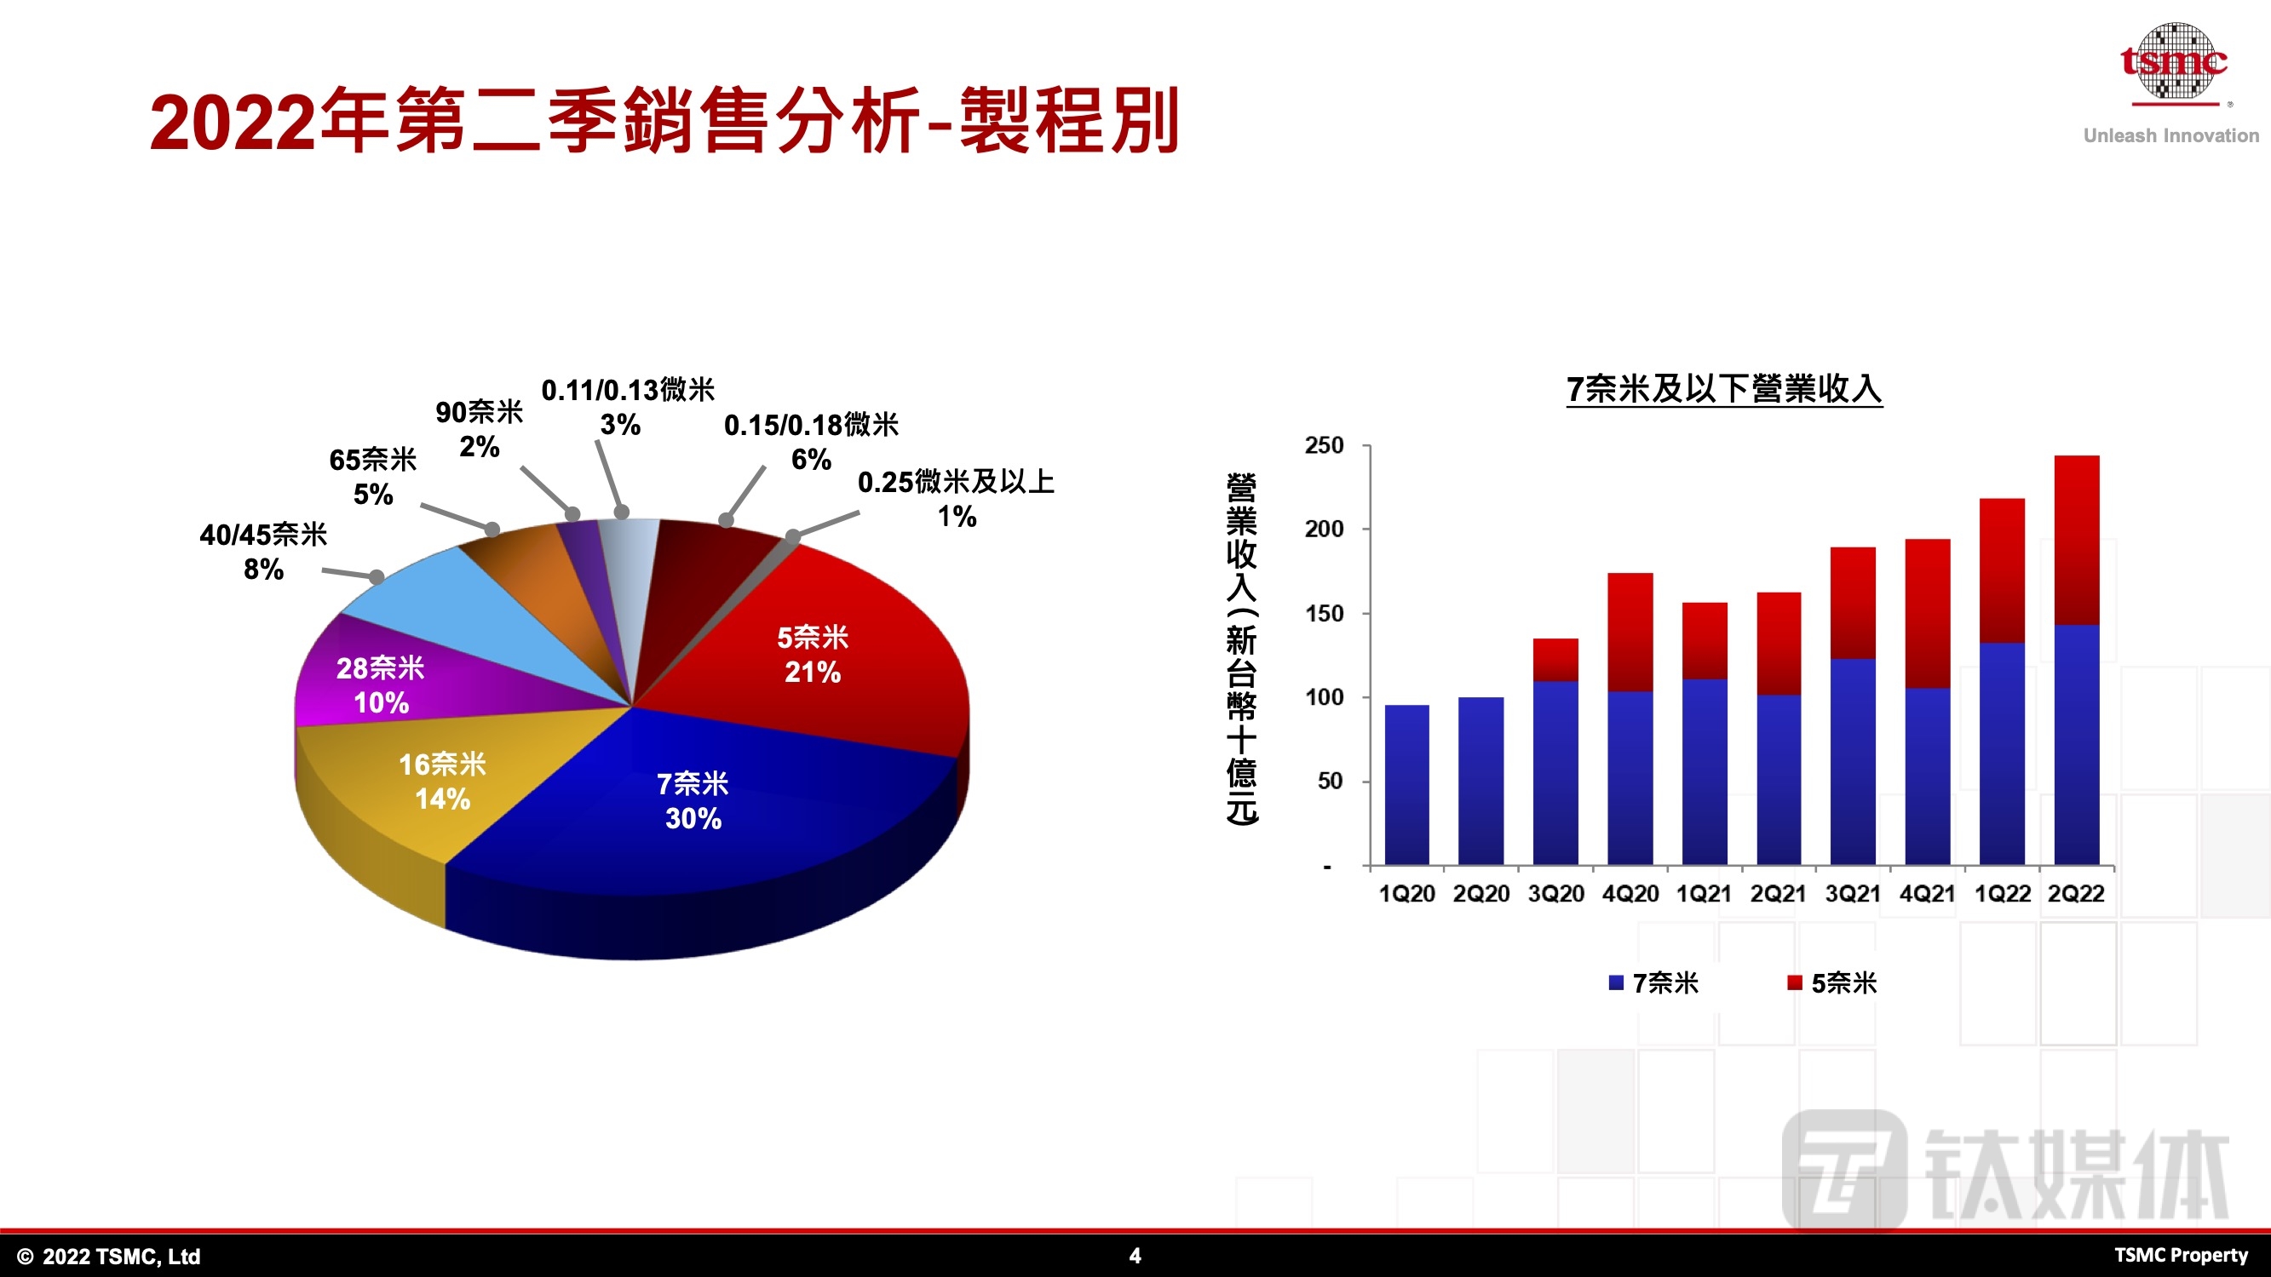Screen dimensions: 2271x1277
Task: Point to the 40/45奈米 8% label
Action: click(263, 552)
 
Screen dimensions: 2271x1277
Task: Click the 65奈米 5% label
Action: click(373, 477)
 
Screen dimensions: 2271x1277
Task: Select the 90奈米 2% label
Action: click(480, 429)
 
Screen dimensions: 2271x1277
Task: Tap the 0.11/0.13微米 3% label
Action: click(628, 407)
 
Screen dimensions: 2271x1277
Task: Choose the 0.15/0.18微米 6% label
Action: click(811, 442)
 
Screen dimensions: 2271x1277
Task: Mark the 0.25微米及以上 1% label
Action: click(957, 499)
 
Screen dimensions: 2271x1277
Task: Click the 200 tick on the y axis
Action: click(1324, 529)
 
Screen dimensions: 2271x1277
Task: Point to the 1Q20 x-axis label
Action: click(1407, 894)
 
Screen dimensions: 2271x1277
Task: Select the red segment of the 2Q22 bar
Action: click(2076, 541)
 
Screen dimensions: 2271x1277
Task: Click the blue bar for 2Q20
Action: click(1481, 781)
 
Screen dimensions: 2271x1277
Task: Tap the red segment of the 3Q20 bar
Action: click(1555, 660)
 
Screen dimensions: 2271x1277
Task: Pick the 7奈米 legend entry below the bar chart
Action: click(1654, 982)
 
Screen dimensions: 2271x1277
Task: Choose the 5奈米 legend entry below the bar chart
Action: click(1833, 982)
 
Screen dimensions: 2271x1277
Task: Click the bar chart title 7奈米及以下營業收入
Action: click(1724, 389)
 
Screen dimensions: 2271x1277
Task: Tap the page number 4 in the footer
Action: click(1135, 1256)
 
